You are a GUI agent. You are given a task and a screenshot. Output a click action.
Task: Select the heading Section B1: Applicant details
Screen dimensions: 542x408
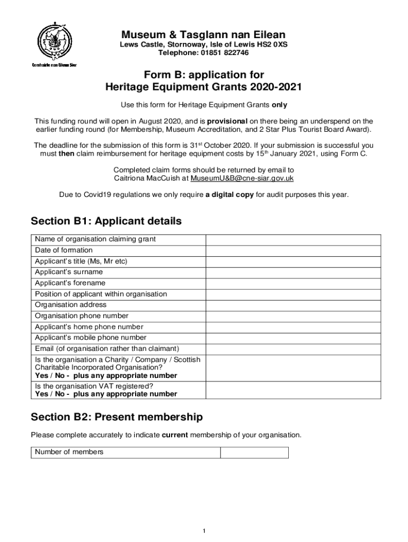106,221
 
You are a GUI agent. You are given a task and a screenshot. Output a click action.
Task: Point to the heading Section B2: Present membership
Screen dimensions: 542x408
117,417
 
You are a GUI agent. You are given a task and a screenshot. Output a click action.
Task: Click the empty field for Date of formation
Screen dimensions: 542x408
292,250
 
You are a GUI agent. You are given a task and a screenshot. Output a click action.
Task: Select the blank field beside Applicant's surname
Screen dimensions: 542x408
292,272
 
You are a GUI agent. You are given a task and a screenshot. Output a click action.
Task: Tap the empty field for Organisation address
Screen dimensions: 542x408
292,305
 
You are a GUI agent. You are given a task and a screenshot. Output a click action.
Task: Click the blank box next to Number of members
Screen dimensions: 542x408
254,452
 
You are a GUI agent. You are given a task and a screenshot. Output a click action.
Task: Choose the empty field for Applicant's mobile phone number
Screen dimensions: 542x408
292,338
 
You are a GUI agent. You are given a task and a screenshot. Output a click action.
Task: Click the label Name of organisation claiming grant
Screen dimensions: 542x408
95,239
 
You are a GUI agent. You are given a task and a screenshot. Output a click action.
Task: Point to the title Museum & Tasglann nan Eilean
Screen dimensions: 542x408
203,34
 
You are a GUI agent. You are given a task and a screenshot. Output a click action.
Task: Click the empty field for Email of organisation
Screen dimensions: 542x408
292,349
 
